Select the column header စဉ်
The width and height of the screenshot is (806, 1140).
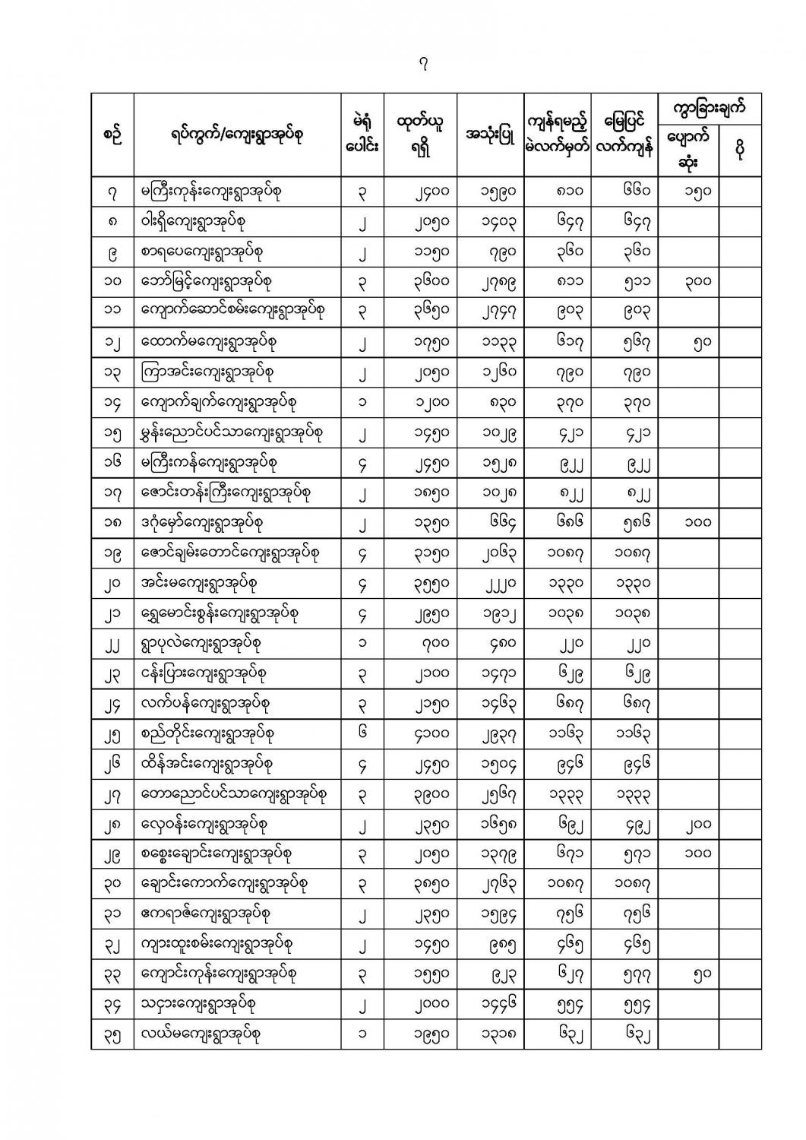[x=112, y=135]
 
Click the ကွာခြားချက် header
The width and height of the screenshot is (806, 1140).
[x=709, y=108]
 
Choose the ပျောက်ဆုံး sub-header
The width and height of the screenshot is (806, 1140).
[x=687, y=149]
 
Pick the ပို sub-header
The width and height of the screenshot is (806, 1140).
[x=739, y=149]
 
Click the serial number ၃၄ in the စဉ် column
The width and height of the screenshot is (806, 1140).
[x=112, y=1005]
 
